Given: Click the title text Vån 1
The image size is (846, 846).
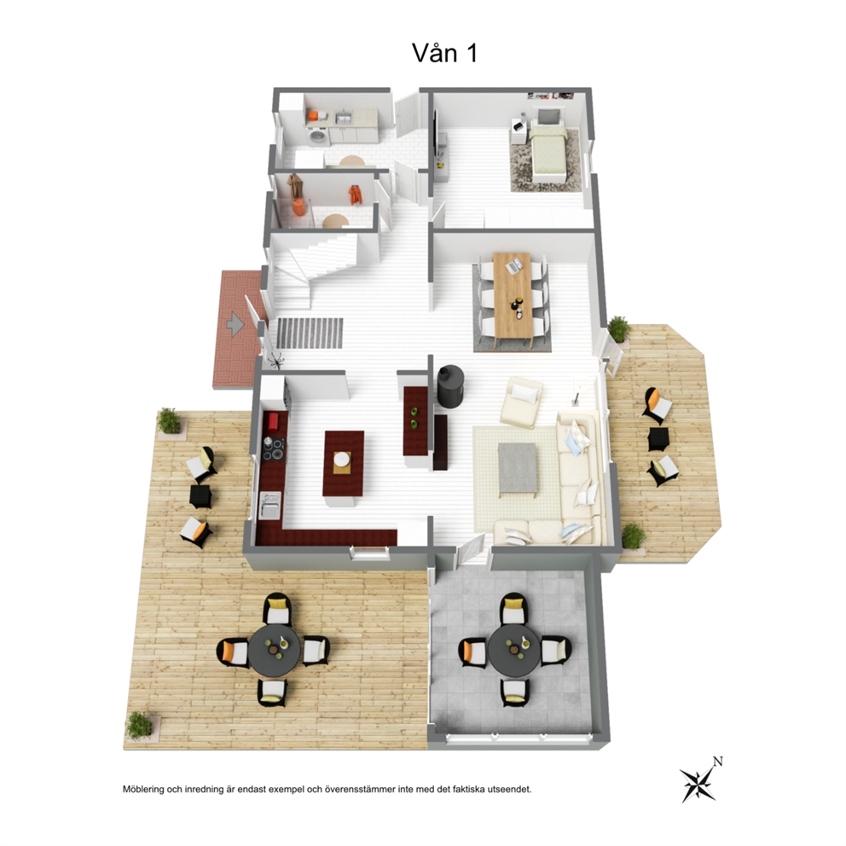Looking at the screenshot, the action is [x=444, y=53].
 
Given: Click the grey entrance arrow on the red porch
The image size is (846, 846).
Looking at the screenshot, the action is [x=235, y=324].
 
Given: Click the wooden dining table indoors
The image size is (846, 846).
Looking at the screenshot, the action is [x=513, y=293].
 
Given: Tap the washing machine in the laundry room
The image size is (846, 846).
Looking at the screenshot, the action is [x=318, y=136].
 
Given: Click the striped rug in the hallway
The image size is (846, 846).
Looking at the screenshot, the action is [x=310, y=333].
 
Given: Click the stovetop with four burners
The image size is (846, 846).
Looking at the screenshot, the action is [x=274, y=449].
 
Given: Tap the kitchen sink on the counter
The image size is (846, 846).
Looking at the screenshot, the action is [x=269, y=506].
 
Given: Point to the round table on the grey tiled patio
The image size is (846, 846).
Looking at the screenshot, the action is [x=513, y=649].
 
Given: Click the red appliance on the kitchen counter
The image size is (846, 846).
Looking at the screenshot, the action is [x=274, y=421].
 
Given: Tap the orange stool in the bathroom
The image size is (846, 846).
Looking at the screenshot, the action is [x=299, y=207].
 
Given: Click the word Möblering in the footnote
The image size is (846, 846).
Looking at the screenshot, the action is [x=144, y=790].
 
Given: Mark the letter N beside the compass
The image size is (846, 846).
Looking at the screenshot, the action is [x=717, y=762].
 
